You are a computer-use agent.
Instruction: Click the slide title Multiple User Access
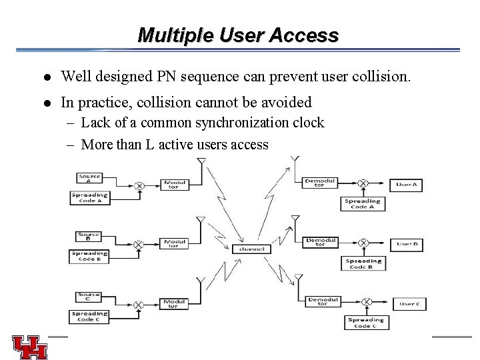[238, 35]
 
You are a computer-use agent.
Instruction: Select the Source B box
[89, 235]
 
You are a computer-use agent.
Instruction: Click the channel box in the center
[251, 249]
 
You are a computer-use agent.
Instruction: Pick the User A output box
[407, 183]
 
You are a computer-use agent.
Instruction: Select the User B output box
[407, 245]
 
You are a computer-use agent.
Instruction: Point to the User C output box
[409, 304]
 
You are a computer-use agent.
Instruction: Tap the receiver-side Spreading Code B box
[363, 265]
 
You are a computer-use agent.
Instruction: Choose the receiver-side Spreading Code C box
[365, 323]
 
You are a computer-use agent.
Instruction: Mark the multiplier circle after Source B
[138, 245]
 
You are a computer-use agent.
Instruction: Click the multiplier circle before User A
[363, 183]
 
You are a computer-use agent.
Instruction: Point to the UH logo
[29, 346]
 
